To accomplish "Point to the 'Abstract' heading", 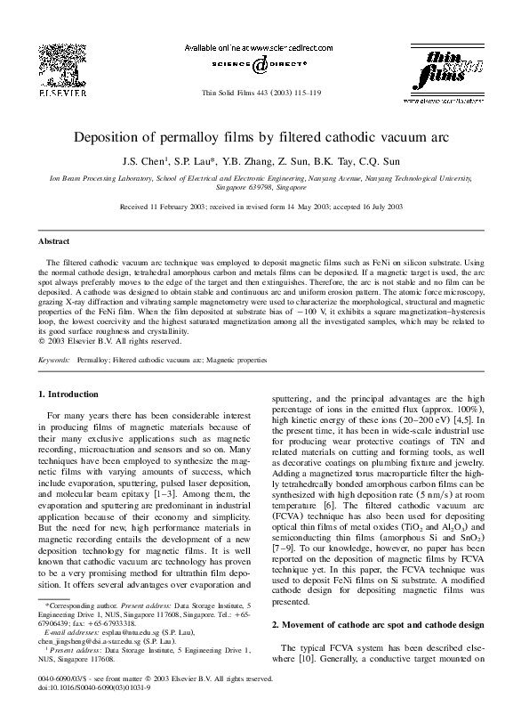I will tap(55, 240).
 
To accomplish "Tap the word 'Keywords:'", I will tap(55, 361).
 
